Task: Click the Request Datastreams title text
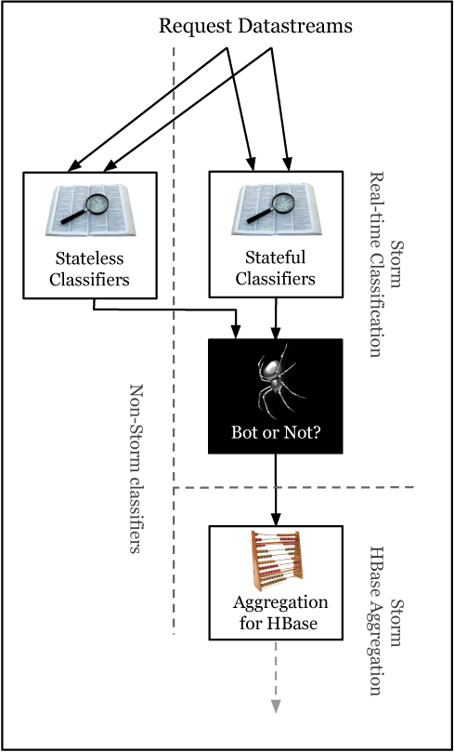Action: (x=255, y=26)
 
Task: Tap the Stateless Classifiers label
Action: (x=89, y=269)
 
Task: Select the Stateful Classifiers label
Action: (x=276, y=268)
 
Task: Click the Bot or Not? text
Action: (x=276, y=433)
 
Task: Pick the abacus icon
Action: (x=277, y=561)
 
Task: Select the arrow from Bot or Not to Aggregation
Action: (x=276, y=490)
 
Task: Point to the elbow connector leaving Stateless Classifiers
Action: (x=165, y=309)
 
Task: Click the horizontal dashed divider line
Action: (x=293, y=487)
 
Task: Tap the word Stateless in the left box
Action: (x=89, y=259)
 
